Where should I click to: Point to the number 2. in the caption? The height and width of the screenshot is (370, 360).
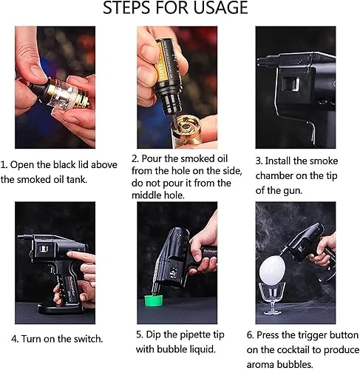coord(135,158)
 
